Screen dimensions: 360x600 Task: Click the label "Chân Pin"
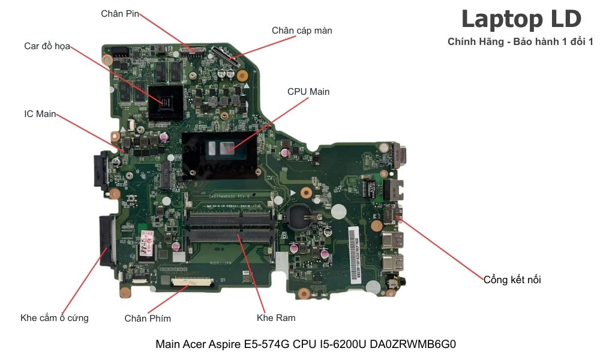120,14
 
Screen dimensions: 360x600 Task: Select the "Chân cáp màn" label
302,30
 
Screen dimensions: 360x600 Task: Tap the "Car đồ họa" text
47,46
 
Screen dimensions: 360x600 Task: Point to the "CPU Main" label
308,92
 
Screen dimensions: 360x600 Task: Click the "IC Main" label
40,113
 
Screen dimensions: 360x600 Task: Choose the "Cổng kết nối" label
512,280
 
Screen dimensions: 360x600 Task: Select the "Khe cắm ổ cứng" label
55,317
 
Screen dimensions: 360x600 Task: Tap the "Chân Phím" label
148,318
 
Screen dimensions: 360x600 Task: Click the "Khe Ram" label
276,317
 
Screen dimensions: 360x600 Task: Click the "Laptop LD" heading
521,19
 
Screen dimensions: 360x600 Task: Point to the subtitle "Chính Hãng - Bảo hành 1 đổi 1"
520,41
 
